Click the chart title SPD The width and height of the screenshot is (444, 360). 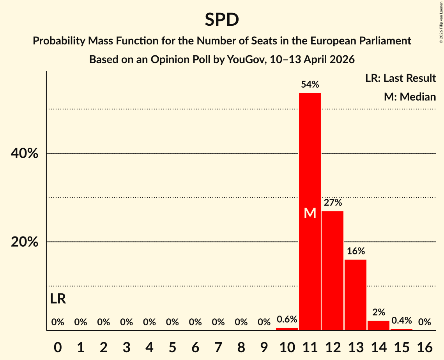[x=222, y=19]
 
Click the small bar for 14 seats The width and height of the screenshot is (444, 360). [x=379, y=326]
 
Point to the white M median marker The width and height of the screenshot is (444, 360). [x=310, y=213]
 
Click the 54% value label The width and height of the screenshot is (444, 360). [x=310, y=85]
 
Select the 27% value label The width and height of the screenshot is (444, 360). [x=333, y=203]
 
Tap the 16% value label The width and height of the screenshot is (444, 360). [x=356, y=251]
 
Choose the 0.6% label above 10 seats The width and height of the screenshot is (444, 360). [x=287, y=319]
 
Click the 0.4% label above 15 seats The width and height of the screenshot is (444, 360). [x=402, y=321]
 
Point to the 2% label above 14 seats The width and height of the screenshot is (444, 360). [x=379, y=312]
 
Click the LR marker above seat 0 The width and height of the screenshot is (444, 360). [x=58, y=299]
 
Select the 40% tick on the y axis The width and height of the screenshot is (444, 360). [x=25, y=154]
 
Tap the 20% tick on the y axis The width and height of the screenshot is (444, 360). [x=25, y=242]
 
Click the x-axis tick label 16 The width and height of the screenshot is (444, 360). [x=425, y=346]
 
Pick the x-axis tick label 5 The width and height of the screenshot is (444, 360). [x=172, y=346]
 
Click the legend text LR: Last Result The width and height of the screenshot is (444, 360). [x=400, y=78]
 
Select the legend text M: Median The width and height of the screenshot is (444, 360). [x=410, y=97]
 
